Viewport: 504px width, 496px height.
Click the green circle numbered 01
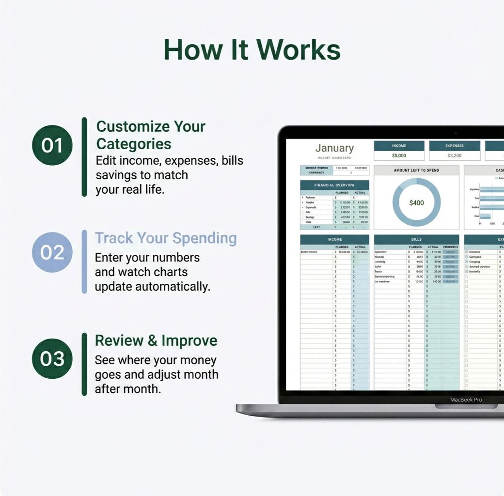coord(52,145)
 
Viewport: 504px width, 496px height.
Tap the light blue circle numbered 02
coord(52,252)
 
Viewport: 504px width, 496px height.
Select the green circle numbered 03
coord(52,359)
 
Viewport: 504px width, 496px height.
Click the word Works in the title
coord(298,49)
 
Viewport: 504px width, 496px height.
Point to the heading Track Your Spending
coord(166,238)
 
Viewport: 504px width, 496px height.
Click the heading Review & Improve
coord(156,341)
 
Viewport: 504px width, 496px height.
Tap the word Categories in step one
coord(134,144)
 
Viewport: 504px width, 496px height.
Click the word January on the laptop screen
coord(334,148)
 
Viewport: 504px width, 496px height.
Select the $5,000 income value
coord(399,155)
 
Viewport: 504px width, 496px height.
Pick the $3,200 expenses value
coord(455,155)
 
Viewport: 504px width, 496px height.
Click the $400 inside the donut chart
coord(416,203)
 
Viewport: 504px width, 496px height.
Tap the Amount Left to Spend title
coord(416,170)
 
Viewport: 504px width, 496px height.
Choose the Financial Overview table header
coord(334,185)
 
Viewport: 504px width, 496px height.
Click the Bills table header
coord(416,239)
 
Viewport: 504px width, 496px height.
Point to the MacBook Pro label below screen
coord(466,400)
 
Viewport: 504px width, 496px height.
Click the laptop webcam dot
coord(456,133)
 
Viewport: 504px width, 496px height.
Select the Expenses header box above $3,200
coord(455,146)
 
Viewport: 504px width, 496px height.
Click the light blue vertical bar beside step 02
coord(84,262)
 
